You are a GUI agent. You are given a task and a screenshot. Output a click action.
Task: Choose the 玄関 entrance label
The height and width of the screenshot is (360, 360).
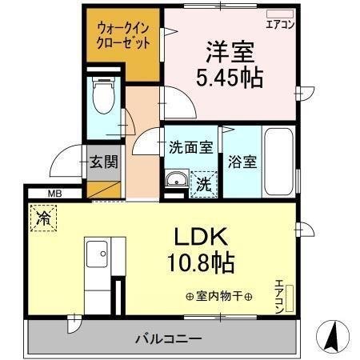[103, 162]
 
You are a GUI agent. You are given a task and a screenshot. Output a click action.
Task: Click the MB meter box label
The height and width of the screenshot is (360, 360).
[54, 193]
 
